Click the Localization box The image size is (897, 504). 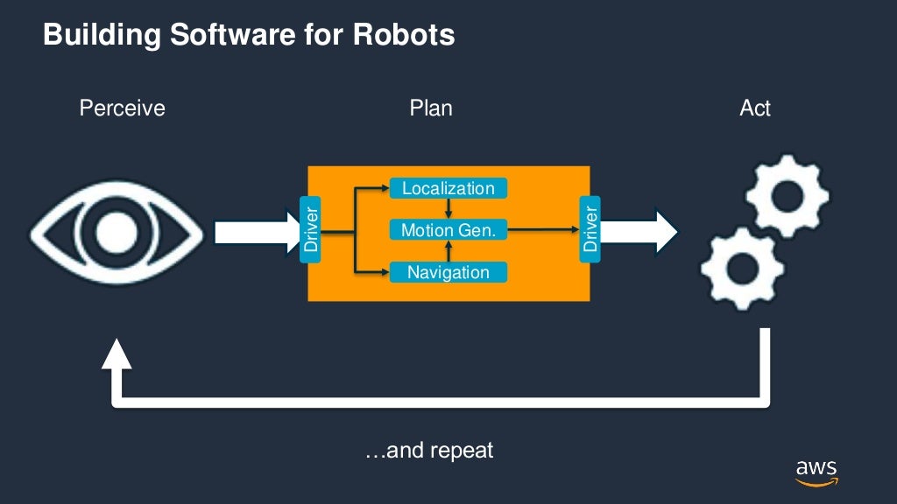[448, 188]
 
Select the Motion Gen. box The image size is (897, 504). [448, 230]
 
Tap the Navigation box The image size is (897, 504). [448, 272]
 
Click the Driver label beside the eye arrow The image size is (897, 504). [310, 230]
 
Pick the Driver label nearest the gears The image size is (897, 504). [590, 230]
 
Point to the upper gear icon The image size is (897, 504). [786, 198]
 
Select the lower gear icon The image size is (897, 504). [742, 268]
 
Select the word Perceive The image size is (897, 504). [122, 108]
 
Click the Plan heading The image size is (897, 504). [431, 108]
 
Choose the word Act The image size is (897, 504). [755, 108]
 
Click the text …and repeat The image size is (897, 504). [429, 451]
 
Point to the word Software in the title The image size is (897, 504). [216, 35]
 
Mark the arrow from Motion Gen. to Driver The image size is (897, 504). [543, 230]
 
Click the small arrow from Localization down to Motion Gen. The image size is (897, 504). [448, 209]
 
